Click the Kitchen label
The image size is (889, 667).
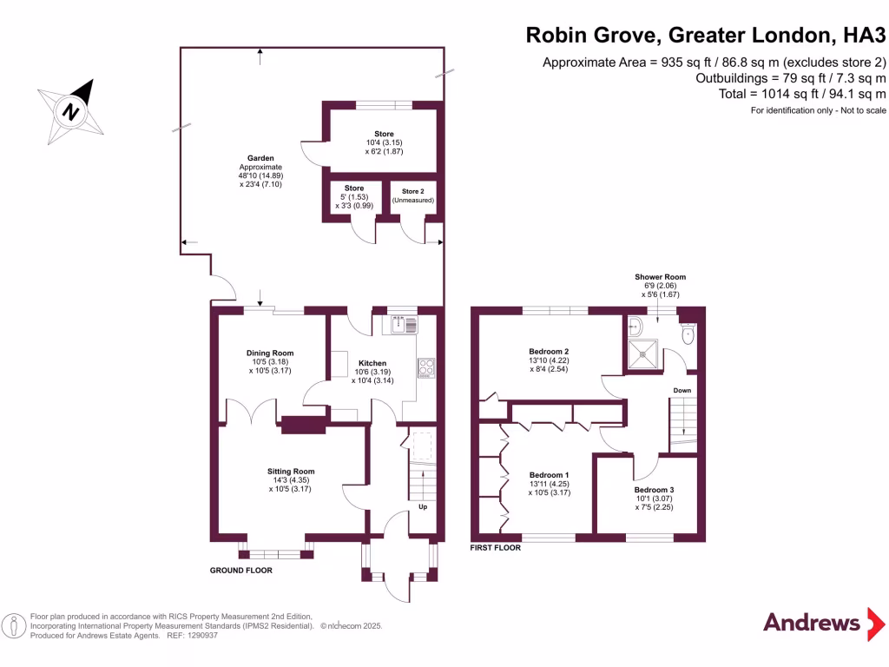(372, 363)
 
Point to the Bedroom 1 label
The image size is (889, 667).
(549, 475)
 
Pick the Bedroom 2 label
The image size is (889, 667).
(549, 351)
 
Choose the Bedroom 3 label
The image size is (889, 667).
(654, 490)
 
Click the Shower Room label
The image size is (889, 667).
(660, 277)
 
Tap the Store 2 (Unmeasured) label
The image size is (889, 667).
(412, 194)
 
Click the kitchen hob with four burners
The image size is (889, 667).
(426, 368)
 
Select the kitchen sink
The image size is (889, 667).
(405, 325)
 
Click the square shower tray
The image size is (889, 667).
(642, 352)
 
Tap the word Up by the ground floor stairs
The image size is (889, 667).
(423, 506)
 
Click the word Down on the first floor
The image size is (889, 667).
(682, 391)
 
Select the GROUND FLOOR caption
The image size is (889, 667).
(241, 571)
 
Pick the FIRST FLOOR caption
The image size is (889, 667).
(495, 549)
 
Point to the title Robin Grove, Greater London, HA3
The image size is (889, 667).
(706, 36)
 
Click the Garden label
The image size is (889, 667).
(260, 158)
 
